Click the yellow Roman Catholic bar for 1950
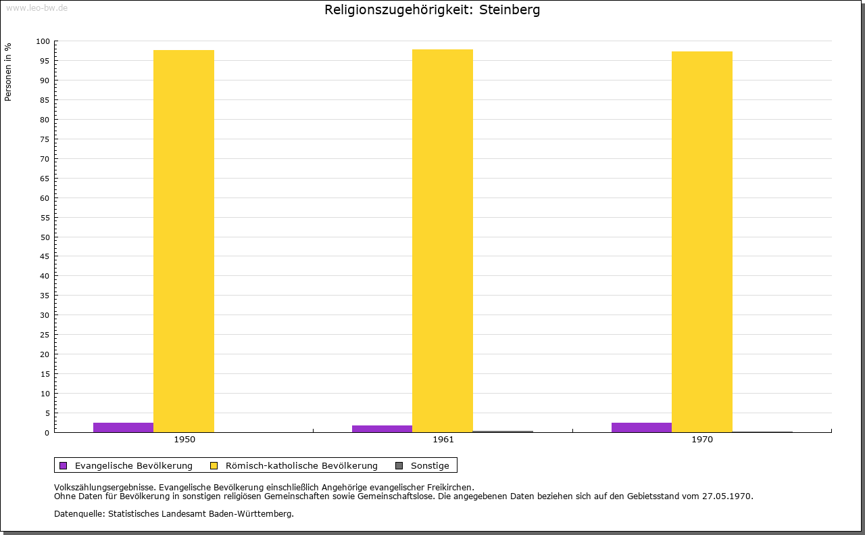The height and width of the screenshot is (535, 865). pyautogui.click(x=184, y=241)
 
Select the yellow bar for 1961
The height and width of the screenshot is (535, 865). pyautogui.click(x=443, y=241)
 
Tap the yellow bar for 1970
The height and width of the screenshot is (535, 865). pyautogui.click(x=701, y=241)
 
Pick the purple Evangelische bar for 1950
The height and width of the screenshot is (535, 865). pyautogui.click(x=123, y=427)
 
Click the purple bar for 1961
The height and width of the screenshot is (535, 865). pyautogui.click(x=382, y=429)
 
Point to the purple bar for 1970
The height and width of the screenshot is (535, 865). pyautogui.click(x=641, y=427)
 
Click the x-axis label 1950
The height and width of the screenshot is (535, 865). pyautogui.click(x=184, y=440)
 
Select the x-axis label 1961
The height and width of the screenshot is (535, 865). pyautogui.click(x=443, y=440)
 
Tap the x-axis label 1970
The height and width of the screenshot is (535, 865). pyautogui.click(x=702, y=440)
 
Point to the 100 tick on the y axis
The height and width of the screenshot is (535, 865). pyautogui.click(x=43, y=41)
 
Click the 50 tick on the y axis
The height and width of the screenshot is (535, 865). pyautogui.click(x=45, y=237)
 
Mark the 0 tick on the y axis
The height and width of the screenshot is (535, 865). pyautogui.click(x=47, y=433)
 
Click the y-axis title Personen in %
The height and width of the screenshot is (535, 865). pyautogui.click(x=8, y=72)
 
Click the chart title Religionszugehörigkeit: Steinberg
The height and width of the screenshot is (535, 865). pyautogui.click(x=432, y=10)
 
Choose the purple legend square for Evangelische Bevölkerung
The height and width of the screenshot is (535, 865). pyautogui.click(x=64, y=465)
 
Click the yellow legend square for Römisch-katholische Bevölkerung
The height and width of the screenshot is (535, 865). pyautogui.click(x=214, y=465)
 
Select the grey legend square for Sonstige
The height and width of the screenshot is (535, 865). pyautogui.click(x=399, y=465)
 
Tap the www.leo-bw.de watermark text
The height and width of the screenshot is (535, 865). pyautogui.click(x=36, y=7)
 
